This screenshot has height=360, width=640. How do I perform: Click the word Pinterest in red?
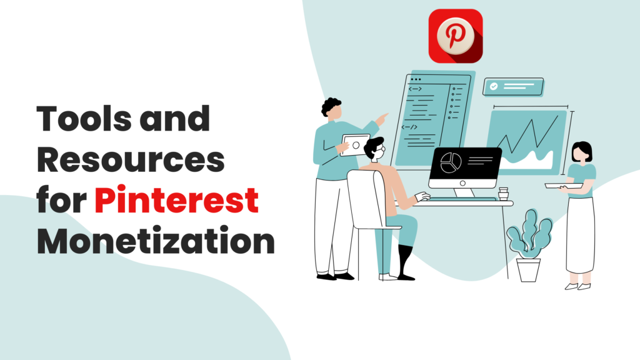pos(176,200)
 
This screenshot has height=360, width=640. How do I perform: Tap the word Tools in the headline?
pos(84,119)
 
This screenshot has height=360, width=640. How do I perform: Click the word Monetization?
pos(156,241)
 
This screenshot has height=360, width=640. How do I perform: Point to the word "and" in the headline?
pos(175,119)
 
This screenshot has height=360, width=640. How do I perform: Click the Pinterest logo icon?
pos(456,36)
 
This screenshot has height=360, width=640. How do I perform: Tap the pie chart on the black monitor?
pos(451,163)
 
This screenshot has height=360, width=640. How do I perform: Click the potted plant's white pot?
pos(528,270)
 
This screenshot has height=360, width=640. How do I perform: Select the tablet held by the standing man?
pos(355,145)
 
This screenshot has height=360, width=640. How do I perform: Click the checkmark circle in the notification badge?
pos(494,86)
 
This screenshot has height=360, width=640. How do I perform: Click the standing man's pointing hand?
pos(382,119)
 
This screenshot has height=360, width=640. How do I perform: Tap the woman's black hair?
pos(582,150)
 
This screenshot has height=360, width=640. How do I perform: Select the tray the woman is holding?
pos(564,186)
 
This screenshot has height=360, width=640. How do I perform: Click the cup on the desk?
pos(504,194)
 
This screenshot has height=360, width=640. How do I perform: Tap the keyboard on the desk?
pos(463,199)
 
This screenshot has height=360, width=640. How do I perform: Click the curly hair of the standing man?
pos(331,106)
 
